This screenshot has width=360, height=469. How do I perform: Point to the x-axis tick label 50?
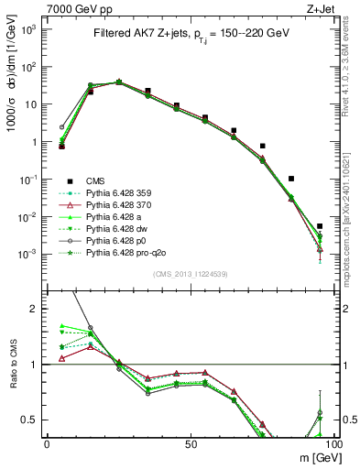pos(190,443)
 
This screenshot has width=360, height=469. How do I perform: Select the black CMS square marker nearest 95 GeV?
pos(320,226)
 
